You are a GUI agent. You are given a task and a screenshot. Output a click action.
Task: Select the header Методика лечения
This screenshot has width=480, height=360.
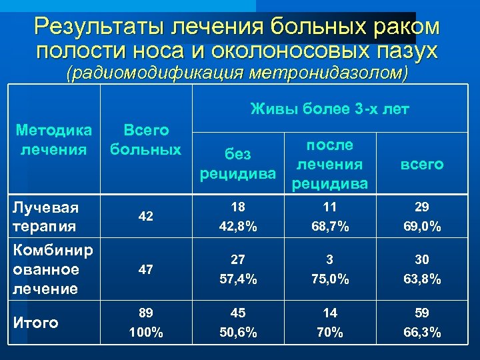tap(54, 139)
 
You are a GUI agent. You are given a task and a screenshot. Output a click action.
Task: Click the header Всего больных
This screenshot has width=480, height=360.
tap(145, 139)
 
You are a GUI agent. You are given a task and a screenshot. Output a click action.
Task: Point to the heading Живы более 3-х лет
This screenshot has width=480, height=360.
tap(330, 109)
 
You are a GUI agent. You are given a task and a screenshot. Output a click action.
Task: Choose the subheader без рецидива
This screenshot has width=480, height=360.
tap(238, 164)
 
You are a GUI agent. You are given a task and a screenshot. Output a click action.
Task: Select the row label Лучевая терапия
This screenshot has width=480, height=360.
tap(47, 217)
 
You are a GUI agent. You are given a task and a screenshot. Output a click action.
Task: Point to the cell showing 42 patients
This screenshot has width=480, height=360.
tap(145, 217)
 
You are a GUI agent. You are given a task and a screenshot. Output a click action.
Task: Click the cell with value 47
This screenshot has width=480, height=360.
tap(145, 269)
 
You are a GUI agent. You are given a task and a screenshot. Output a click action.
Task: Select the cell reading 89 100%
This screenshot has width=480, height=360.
tap(145, 323)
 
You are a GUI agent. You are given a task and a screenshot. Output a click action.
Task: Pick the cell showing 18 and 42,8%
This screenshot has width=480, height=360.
tap(238, 217)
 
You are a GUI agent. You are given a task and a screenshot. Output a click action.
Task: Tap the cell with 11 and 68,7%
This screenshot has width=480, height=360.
tap(330, 217)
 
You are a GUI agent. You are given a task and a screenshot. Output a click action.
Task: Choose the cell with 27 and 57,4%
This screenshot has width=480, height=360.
tap(238, 269)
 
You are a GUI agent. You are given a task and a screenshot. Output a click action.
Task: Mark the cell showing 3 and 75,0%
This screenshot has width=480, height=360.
tap(330, 269)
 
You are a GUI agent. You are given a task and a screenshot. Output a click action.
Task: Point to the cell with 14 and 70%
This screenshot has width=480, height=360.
tap(330, 323)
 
